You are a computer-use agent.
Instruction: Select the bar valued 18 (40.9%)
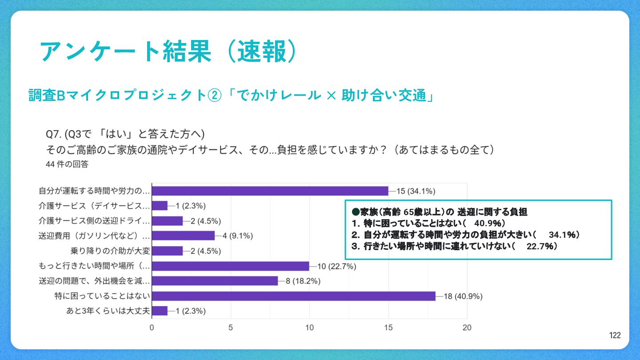(293, 296)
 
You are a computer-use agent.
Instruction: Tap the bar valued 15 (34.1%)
(270, 191)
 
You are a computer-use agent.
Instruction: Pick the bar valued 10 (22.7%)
(230, 266)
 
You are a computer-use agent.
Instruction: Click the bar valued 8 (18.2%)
(215, 281)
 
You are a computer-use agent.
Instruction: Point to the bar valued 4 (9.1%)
(183, 236)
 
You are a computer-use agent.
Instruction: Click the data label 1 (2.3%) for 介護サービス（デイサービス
(191, 206)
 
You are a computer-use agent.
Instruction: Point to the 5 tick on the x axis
(231, 328)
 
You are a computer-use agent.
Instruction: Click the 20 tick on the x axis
(467, 328)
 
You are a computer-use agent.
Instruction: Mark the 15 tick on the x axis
(388, 328)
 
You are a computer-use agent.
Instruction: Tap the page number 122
(615, 336)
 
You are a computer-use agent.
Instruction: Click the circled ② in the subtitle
(215, 95)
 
